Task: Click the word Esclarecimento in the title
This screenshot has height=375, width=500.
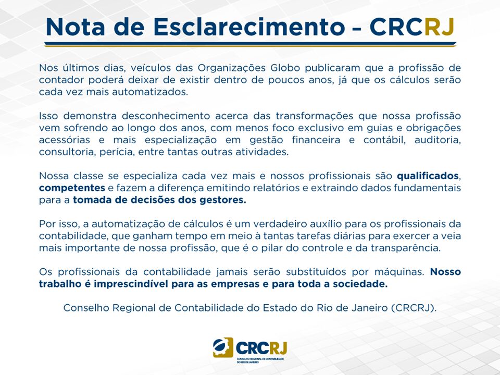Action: point(249,27)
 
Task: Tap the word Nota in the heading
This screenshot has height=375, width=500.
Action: point(76,27)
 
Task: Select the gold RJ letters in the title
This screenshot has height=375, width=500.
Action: point(440,27)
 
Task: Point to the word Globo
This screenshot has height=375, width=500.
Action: point(285,68)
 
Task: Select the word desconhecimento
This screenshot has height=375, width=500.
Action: point(166,116)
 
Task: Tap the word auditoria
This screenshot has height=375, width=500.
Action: point(438,140)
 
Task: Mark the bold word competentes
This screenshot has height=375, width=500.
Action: point(72,188)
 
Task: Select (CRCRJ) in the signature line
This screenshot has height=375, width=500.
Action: point(414,308)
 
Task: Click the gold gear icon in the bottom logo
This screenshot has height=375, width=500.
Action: point(223,347)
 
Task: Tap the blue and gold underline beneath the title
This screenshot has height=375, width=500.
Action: point(251,44)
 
